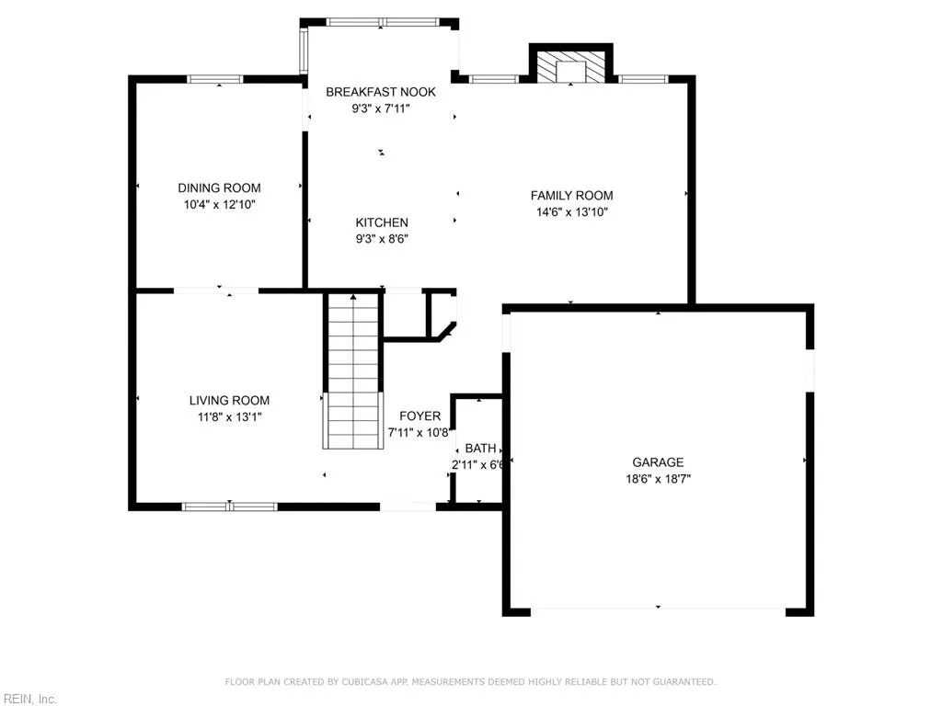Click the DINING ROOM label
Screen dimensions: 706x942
click(219, 188)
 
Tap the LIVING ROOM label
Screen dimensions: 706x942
click(229, 400)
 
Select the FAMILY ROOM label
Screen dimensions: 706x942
click(571, 195)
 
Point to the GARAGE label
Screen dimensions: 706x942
click(657, 462)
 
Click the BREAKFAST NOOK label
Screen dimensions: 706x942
click(381, 92)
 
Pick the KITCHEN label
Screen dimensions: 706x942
click(382, 222)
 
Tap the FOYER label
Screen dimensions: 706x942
click(419, 416)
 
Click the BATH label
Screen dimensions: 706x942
click(480, 449)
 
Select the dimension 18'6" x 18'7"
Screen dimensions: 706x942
click(657, 479)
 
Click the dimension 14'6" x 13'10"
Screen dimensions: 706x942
click(571, 211)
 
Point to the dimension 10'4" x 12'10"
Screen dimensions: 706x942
click(219, 204)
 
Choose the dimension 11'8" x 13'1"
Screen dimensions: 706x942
click(229, 416)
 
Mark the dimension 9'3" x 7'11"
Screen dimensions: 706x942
click(381, 108)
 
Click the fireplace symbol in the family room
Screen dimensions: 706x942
click(571, 67)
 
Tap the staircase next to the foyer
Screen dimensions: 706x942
click(353, 371)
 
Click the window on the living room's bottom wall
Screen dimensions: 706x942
click(230, 506)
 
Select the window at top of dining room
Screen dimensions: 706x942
click(215, 79)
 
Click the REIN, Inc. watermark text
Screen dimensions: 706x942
click(29, 699)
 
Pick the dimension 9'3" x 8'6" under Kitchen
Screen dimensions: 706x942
click(382, 239)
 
